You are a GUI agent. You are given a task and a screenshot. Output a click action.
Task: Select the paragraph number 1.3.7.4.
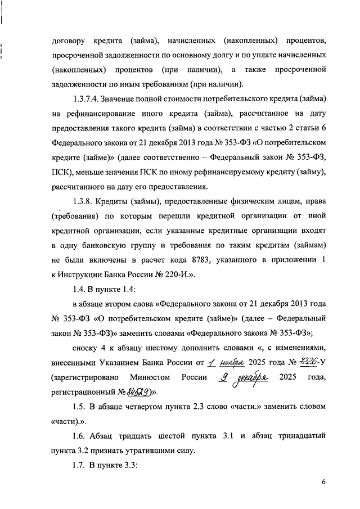(88, 99)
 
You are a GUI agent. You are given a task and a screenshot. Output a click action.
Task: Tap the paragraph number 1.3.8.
(83, 201)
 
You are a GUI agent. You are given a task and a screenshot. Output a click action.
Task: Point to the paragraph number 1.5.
(80, 406)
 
